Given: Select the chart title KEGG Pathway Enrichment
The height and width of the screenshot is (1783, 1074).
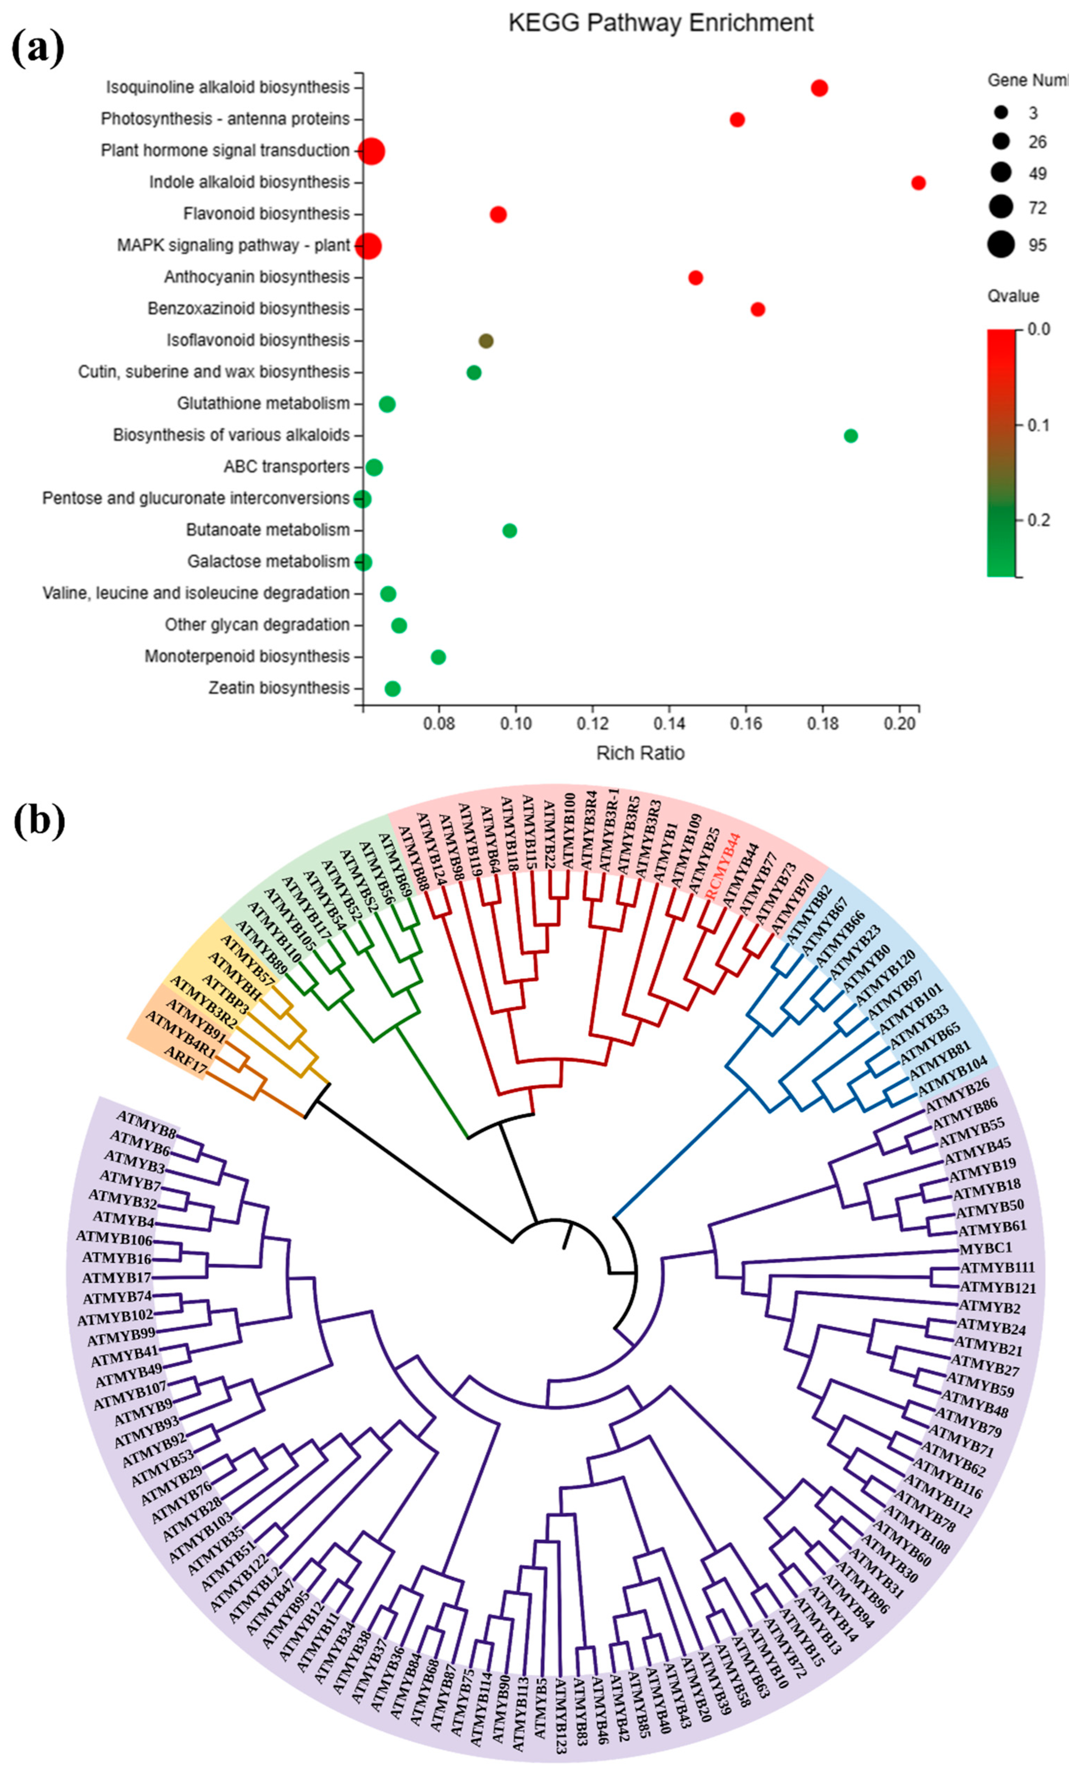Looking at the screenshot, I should (661, 23).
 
